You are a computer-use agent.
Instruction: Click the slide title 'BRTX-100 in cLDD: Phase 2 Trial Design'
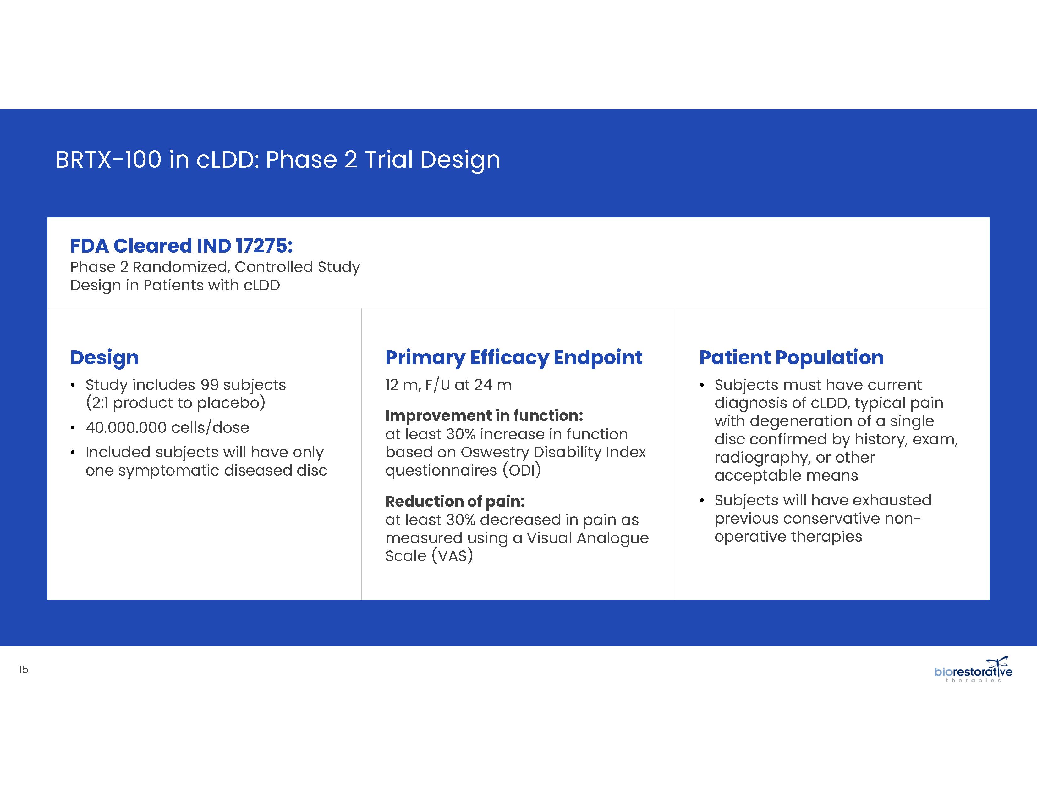278,160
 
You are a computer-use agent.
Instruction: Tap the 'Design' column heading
104,357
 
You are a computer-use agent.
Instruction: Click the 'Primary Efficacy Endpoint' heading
514,357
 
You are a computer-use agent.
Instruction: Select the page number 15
23,670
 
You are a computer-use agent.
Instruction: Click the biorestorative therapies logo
974,670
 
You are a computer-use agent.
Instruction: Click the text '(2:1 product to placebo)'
175,403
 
